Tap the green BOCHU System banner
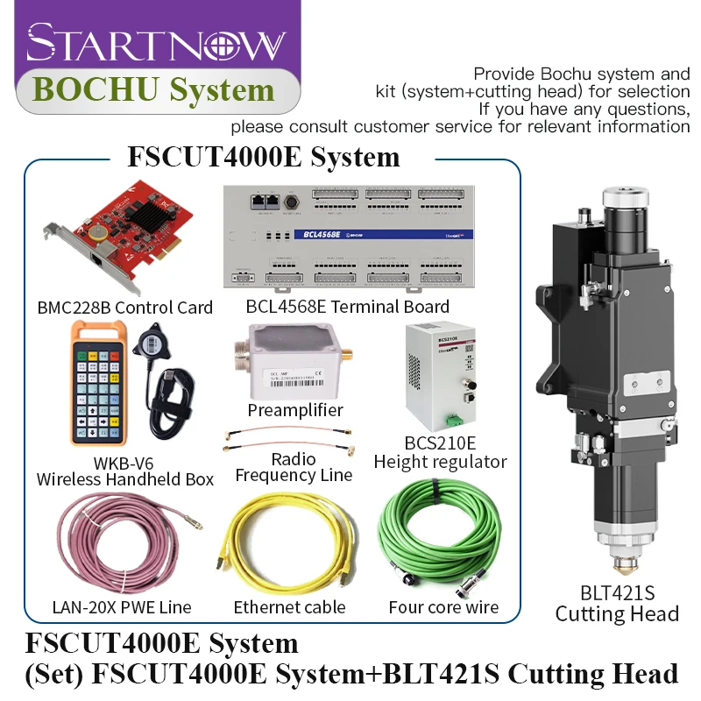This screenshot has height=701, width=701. click(152, 89)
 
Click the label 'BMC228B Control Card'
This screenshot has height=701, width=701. click(125, 308)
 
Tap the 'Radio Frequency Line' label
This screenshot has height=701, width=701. click(294, 467)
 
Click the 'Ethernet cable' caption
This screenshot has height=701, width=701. click(289, 607)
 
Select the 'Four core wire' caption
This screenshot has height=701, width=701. click(443, 607)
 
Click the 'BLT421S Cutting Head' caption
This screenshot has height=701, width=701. click(617, 603)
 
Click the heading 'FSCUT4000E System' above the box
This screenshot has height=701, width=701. click(264, 157)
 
